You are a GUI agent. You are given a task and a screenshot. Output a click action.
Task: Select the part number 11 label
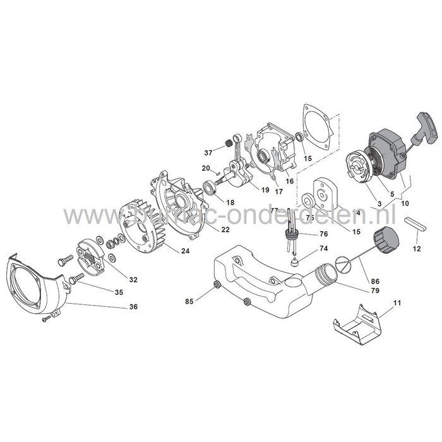click(397, 305)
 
